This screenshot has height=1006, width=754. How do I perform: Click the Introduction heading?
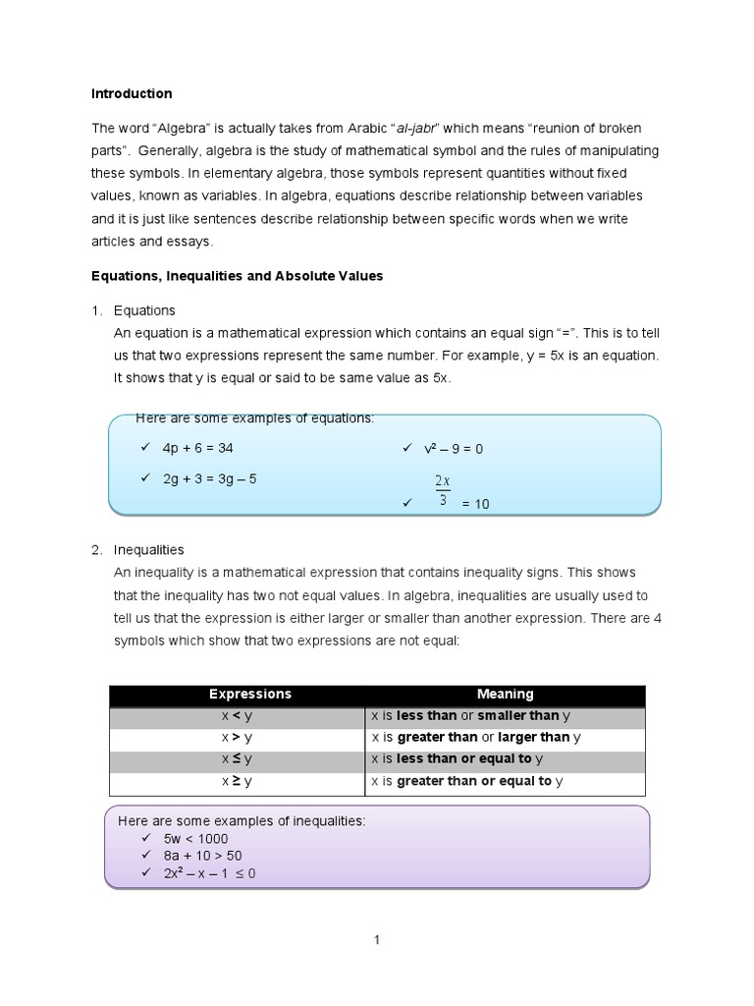132,94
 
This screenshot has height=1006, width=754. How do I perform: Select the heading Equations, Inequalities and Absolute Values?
237,276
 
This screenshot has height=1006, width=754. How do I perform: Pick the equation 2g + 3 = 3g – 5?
209,479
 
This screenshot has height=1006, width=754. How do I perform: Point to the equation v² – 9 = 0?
454,449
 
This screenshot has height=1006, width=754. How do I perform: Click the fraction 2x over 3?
442,490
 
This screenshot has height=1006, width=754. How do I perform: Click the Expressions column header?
237,695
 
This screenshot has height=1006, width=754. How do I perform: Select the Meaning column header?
505,695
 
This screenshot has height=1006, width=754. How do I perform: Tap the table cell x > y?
237,738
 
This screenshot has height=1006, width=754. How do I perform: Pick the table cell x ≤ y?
237,759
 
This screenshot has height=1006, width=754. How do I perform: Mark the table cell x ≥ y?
237,782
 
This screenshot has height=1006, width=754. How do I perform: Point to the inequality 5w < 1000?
195,839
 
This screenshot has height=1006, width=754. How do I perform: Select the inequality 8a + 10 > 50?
202,856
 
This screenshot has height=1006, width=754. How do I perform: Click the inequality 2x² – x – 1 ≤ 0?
209,873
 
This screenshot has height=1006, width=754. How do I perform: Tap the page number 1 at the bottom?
376,940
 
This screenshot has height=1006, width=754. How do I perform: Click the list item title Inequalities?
148,550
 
